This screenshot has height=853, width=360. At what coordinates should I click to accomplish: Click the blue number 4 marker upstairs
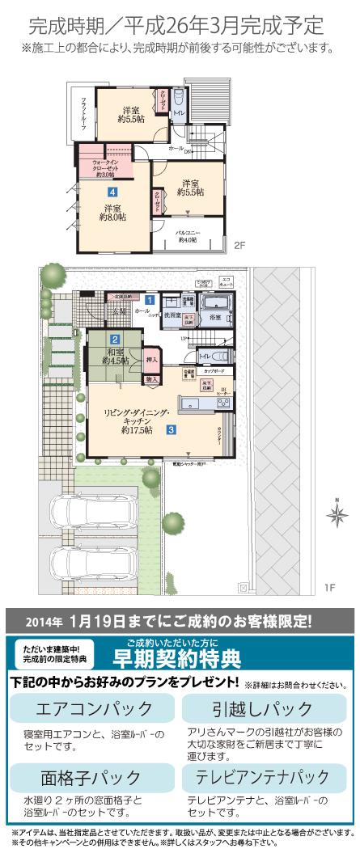[111, 192]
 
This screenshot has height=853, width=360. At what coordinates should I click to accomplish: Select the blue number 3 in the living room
[172, 430]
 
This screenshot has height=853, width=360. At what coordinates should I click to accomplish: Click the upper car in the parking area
[80, 513]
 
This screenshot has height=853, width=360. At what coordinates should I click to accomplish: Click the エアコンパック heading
[94, 709]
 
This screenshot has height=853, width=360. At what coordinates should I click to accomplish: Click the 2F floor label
[239, 245]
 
